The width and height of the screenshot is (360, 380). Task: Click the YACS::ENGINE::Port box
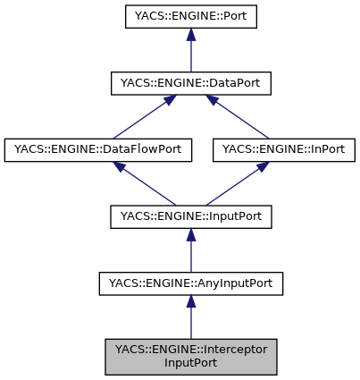coord(190,16)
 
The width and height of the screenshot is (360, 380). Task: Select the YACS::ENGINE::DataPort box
coord(190,83)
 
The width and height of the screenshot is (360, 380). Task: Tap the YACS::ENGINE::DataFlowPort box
coord(98,150)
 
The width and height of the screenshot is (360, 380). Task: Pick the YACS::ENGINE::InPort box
coord(284,150)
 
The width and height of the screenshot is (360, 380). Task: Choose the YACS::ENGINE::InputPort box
coord(190,216)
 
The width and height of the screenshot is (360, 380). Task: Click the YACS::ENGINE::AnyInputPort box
coord(190,283)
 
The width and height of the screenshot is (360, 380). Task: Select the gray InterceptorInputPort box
coord(190,356)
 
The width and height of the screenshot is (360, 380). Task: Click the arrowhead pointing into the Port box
coord(190,35)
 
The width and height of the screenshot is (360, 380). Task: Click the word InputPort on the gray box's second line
coord(190,363)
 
